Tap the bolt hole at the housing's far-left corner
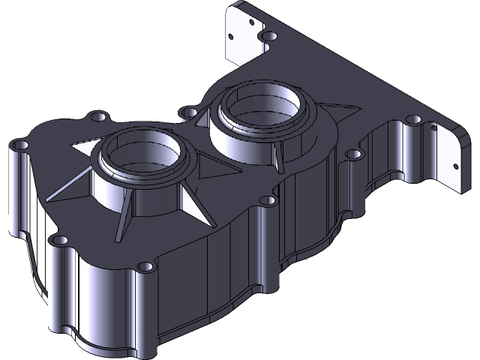point(21,144)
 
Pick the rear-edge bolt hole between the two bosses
point(187,113)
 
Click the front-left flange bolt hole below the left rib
point(58,240)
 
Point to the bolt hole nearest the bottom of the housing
point(147,266)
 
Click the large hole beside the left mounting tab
point(268,37)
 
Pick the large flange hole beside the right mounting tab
point(412,121)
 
